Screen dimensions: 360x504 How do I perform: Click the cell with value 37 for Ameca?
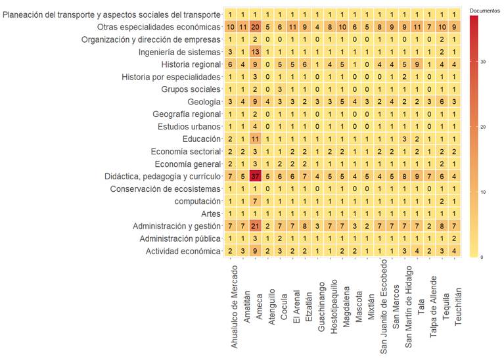click(256, 176)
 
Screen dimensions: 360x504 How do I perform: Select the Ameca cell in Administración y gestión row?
click(256, 226)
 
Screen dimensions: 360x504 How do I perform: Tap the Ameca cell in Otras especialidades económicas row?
click(256, 27)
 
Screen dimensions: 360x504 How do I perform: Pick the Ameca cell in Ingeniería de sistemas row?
click(256, 52)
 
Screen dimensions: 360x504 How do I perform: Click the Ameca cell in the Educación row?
click(256, 139)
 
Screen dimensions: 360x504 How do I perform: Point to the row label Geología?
click(204, 102)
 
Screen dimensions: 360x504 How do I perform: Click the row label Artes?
click(211, 214)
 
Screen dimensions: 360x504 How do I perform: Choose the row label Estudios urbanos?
click(189, 127)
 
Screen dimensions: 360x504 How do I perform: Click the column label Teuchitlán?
click(459, 290)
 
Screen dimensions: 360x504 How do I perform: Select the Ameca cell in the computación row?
click(256, 201)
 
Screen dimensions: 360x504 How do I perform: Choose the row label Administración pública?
click(180, 238)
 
